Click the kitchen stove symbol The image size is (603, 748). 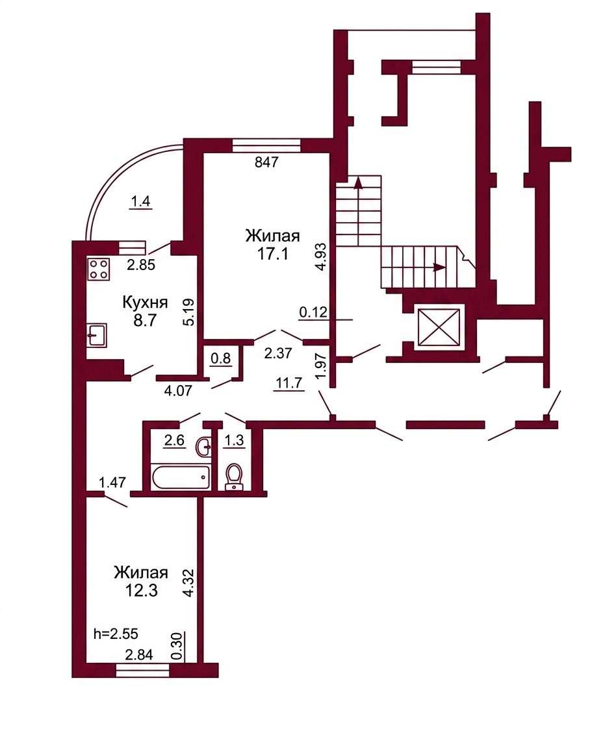(x=98, y=268)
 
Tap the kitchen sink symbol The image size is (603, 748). (x=96, y=335)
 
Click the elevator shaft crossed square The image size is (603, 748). (x=439, y=327)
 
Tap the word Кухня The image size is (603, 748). (x=145, y=303)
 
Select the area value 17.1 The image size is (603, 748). (x=273, y=255)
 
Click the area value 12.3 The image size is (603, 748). (x=141, y=591)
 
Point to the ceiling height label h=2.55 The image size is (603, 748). (x=116, y=634)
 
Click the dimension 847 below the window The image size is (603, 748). (x=266, y=163)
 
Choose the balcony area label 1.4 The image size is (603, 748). (x=141, y=202)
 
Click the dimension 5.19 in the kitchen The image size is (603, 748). (x=189, y=312)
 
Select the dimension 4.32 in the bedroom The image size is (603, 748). (x=189, y=582)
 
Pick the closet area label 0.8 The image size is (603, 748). (x=220, y=358)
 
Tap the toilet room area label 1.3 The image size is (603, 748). (x=234, y=440)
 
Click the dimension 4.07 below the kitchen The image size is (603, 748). (x=177, y=391)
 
